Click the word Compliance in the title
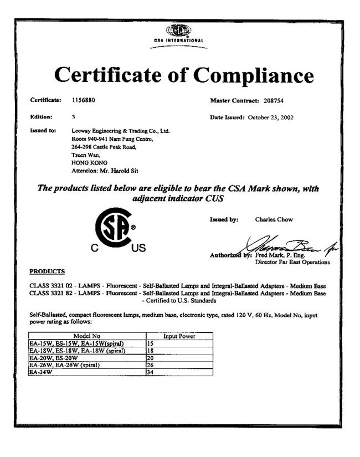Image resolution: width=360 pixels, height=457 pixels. [248, 75]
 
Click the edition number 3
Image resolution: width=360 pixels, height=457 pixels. [74, 117]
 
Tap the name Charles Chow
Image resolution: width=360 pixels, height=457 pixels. [274, 219]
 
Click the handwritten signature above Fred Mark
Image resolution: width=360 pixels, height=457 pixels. [288, 244]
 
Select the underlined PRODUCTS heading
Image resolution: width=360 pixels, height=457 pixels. [47, 271]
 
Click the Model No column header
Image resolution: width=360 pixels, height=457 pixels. [86, 336]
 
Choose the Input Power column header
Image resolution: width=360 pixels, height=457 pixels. [178, 336]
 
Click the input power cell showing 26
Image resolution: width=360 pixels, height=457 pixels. [150, 365]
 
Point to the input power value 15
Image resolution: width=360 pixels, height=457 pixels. [150, 343]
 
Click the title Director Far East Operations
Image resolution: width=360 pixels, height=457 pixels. [292, 262]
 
